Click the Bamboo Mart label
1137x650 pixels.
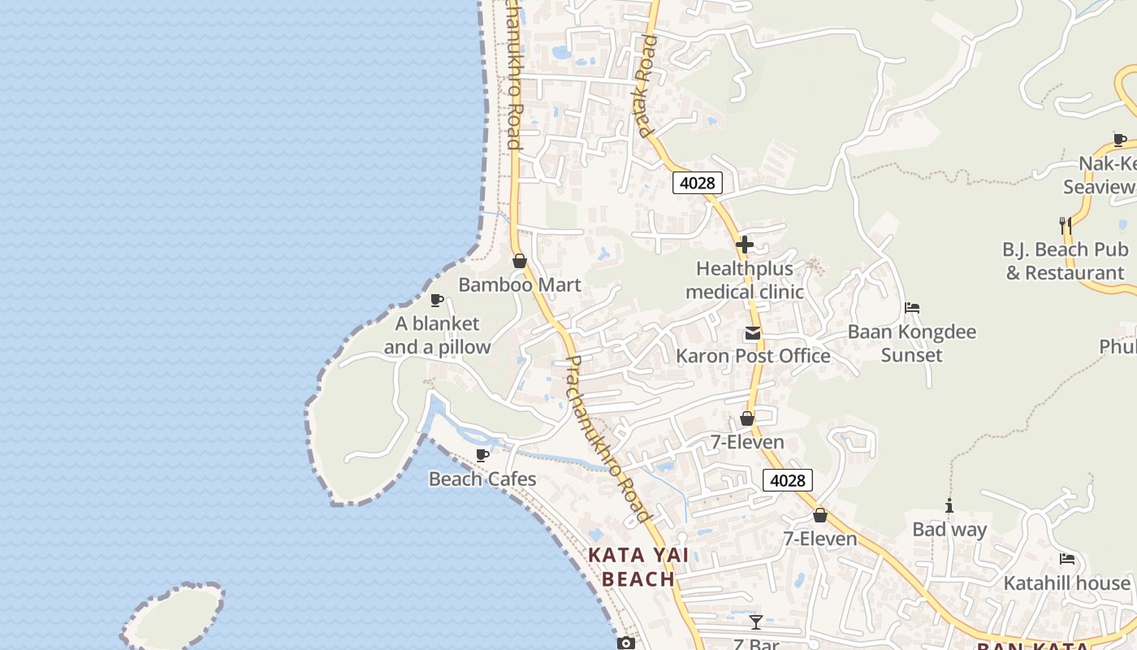tap(520, 285)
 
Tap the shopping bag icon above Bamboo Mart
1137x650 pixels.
tap(520, 261)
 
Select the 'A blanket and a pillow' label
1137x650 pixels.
tap(437, 336)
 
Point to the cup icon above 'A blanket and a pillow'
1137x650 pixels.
tap(436, 300)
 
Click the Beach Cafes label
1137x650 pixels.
tap(482, 479)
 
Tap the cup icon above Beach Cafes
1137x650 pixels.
tap(482, 454)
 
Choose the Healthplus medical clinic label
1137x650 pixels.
tap(745, 280)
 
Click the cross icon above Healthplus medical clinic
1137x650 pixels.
tap(744, 244)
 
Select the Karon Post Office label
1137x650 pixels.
tap(753, 356)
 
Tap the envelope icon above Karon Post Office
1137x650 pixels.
tap(752, 333)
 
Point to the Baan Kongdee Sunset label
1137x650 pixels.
tap(911, 344)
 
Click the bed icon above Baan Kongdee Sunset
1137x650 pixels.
tap(911, 308)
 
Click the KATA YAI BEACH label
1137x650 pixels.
tap(639, 567)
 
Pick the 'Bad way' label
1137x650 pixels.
tap(949, 530)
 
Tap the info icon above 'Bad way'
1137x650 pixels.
tap(949, 506)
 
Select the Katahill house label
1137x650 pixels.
tap(1066, 583)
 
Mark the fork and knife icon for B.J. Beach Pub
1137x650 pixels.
tap(1066, 225)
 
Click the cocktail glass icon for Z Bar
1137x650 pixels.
tap(756, 622)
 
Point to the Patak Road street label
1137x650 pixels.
tap(643, 97)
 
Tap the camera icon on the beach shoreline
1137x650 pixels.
tap(625, 643)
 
